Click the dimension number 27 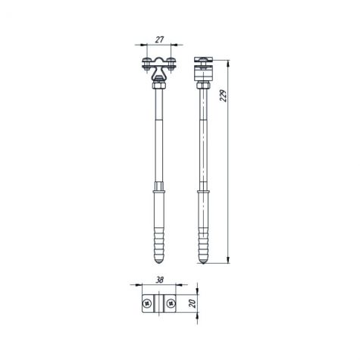coord(159,39)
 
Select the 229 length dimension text coord(224,95)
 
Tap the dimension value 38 coord(159,280)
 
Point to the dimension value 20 coord(193,303)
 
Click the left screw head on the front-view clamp coord(146,60)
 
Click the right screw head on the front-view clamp coord(171,60)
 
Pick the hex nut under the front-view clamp coord(159,86)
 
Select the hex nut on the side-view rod coord(203,86)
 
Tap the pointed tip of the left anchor coord(159,264)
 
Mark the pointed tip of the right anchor coord(203,264)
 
